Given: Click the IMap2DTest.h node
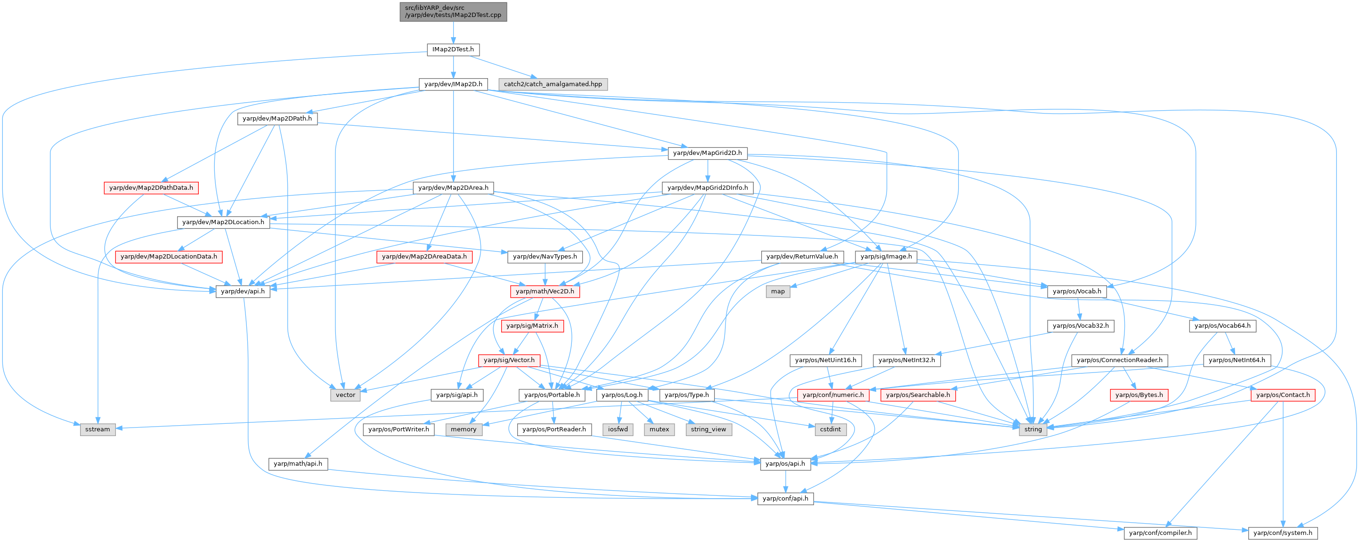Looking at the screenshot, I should [x=453, y=49].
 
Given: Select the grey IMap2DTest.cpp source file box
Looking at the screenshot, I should [x=453, y=12].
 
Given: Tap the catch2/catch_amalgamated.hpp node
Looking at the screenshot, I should [x=553, y=84].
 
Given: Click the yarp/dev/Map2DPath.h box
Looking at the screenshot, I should [x=277, y=119].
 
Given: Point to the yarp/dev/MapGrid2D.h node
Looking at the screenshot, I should [x=707, y=153].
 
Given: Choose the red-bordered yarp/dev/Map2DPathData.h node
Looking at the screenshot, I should [x=151, y=188].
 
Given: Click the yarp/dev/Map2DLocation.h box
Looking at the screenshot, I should [x=223, y=222].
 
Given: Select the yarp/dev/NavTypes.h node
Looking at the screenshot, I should [x=545, y=257].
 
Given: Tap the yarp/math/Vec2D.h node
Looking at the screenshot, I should [x=545, y=291].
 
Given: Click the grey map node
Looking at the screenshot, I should [x=778, y=291].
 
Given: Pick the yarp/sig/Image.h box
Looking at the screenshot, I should [x=886, y=257].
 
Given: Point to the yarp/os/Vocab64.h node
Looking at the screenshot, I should [x=1222, y=326].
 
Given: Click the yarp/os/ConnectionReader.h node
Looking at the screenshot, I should [x=1119, y=360].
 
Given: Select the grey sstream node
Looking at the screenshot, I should [x=98, y=429].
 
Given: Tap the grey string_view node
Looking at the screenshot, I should [x=708, y=429].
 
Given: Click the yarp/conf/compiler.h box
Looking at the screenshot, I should [x=1160, y=533].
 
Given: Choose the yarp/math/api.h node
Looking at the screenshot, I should [x=298, y=463].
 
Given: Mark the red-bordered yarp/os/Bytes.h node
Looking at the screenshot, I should [x=1139, y=395].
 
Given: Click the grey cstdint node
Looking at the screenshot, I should [x=830, y=429].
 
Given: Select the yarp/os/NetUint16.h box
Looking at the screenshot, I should [x=826, y=360].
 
